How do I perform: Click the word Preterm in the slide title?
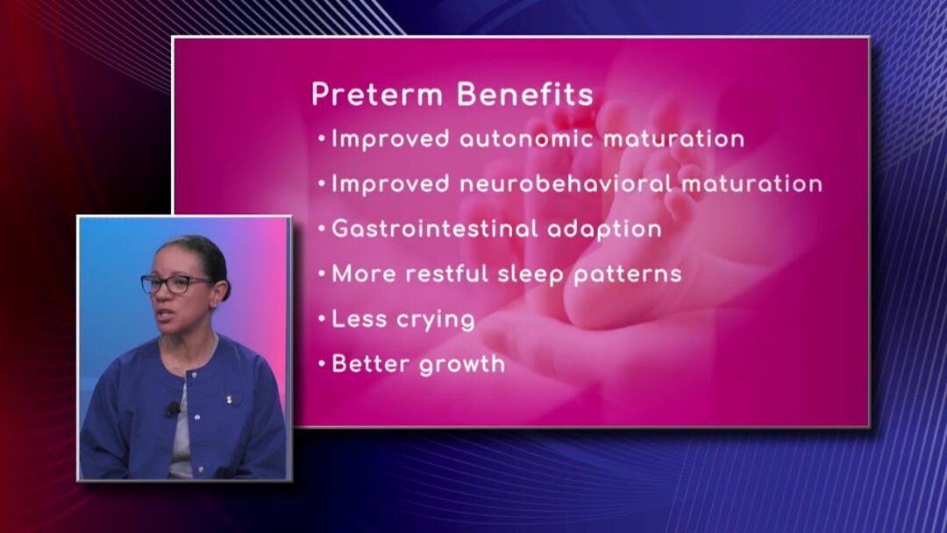pos(377,95)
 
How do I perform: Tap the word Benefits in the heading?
pos(525,94)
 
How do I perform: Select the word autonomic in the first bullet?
pos(526,139)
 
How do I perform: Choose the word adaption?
pos(604,230)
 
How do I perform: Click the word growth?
pos(461,365)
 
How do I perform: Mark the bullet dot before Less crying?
pos(322,319)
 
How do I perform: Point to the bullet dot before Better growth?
pos(322,364)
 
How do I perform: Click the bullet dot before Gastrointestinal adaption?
pos(322,229)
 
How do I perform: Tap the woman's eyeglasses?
pos(175,284)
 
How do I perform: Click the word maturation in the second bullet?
pos(752,183)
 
